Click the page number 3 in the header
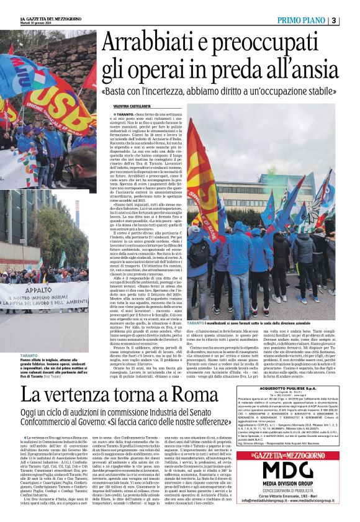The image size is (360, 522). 351,20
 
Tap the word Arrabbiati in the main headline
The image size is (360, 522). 149,43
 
